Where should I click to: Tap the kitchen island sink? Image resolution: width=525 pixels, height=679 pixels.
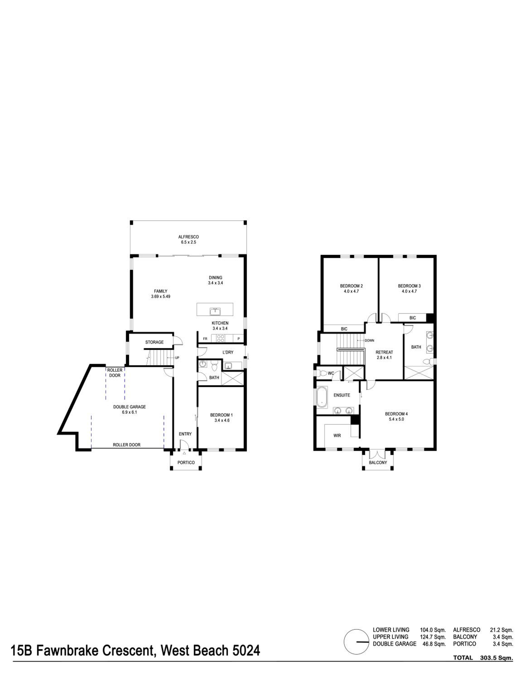[215, 311]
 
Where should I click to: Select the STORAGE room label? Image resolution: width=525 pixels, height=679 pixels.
[154, 342]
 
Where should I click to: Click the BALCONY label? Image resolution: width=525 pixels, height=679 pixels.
[378, 462]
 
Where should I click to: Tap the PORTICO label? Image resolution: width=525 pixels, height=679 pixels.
[186, 462]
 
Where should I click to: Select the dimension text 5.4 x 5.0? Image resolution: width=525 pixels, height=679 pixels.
[396, 419]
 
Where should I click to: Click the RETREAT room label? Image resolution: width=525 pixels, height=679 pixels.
[384, 352]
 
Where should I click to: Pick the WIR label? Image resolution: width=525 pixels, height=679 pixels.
[337, 435]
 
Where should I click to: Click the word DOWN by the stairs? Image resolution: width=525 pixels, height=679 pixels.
[369, 340]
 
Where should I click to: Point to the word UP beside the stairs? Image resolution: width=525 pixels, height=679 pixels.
[177, 358]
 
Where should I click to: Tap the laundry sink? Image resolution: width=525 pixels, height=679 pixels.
[228, 366]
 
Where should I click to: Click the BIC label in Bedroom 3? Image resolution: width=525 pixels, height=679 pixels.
[412, 318]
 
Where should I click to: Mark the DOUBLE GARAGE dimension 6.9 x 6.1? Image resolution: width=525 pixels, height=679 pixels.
[129, 412]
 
